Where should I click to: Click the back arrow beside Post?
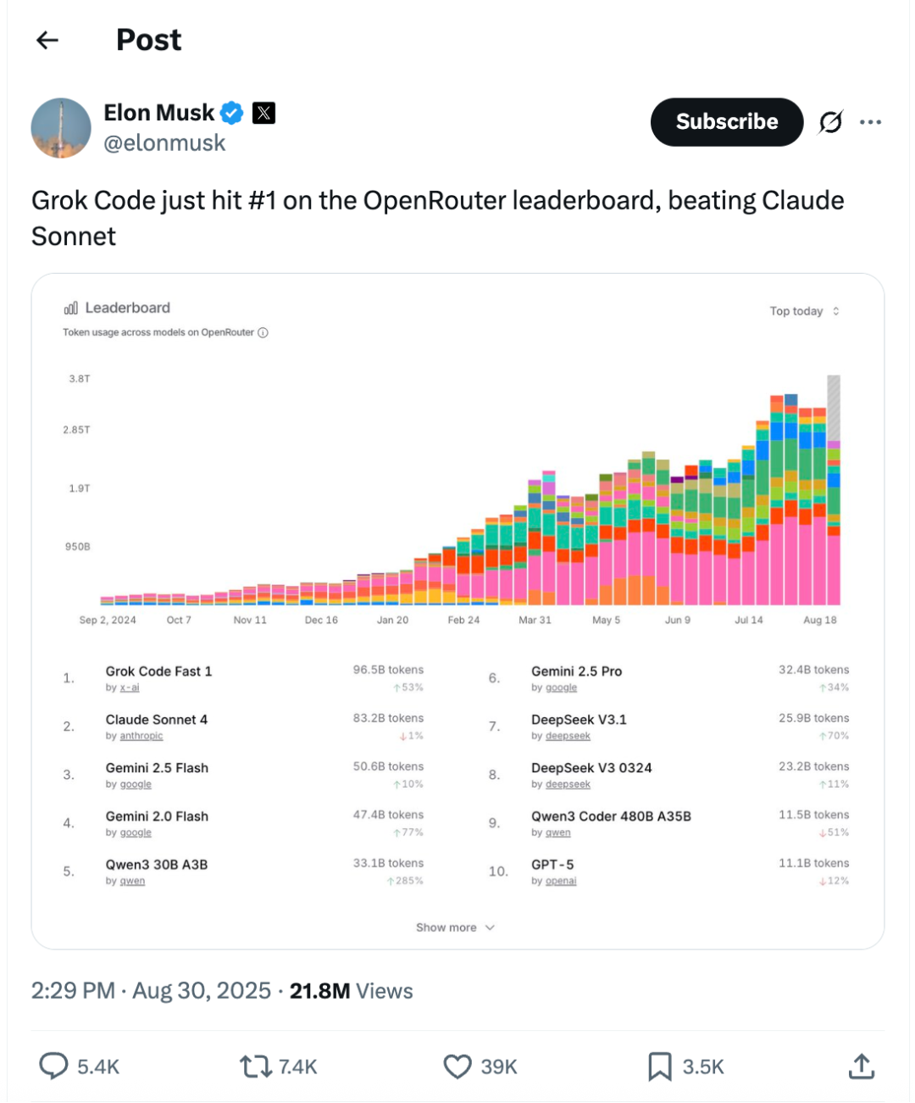click(47, 40)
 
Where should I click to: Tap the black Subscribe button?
click(726, 122)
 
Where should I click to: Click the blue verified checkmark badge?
click(232, 113)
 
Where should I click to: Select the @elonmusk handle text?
click(164, 143)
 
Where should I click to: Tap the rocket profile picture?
click(61, 128)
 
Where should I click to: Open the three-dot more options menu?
click(870, 122)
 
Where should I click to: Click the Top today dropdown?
click(804, 311)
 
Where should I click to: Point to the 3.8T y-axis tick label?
click(80, 379)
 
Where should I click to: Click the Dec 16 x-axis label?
click(321, 620)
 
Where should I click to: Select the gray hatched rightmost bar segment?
click(834, 407)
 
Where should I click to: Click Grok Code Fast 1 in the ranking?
click(158, 671)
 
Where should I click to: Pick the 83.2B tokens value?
click(388, 718)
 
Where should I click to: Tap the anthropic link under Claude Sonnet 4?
click(141, 736)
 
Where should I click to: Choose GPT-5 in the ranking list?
click(552, 865)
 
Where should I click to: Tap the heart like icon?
click(457, 1067)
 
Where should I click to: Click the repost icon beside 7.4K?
click(254, 1067)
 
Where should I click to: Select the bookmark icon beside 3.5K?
click(659, 1067)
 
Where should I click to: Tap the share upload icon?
click(861, 1067)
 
